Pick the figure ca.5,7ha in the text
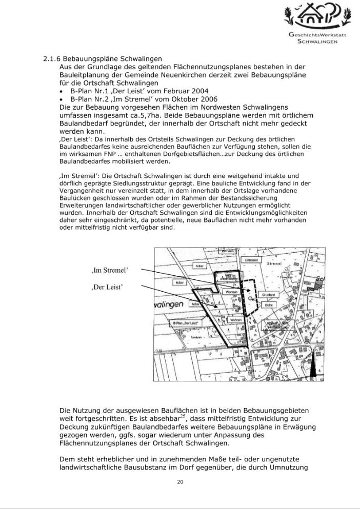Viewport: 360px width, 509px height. [x=152, y=115]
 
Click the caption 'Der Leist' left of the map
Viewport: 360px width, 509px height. [x=107, y=287]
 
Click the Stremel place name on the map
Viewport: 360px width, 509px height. [x=277, y=263]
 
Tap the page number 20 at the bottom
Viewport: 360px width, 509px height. [x=180, y=482]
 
